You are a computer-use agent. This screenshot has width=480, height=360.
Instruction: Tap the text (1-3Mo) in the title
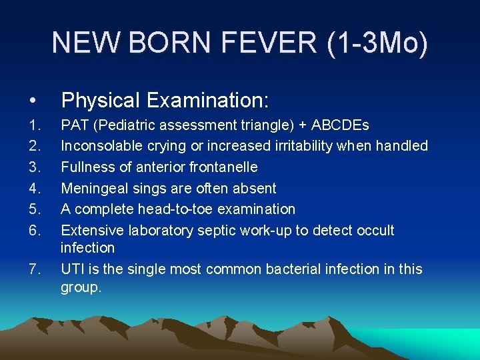pyautogui.click(x=377, y=43)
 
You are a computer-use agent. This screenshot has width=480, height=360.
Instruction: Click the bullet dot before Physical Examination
pyautogui.click(x=33, y=101)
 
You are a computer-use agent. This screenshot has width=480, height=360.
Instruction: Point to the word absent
pyautogui.click(x=255, y=188)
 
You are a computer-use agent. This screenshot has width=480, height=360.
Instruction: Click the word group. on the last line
pyautogui.click(x=81, y=287)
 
